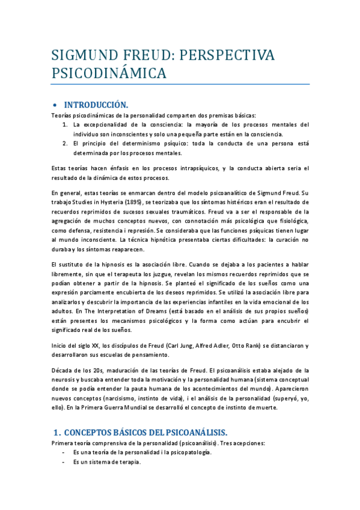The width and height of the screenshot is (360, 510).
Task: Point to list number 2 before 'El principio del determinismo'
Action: [65, 144]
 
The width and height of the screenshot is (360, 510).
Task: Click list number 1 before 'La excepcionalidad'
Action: [65, 124]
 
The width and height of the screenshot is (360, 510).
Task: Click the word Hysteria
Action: [109, 202]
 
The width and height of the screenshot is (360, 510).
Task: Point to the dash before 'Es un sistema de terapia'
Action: [64, 462]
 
